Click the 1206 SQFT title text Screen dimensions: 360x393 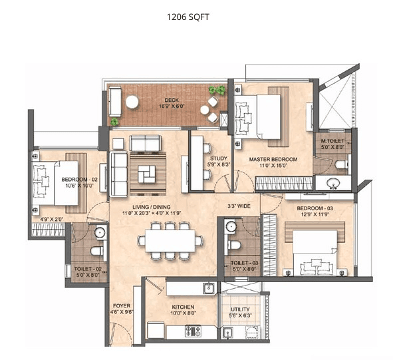point(188,17)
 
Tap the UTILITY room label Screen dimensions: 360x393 point(240,309)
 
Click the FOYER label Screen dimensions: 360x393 point(121,307)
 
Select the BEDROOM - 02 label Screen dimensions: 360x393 point(79,180)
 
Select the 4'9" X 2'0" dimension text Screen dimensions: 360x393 point(51,219)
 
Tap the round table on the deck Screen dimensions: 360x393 point(132,101)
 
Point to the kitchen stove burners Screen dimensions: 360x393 point(193,330)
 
